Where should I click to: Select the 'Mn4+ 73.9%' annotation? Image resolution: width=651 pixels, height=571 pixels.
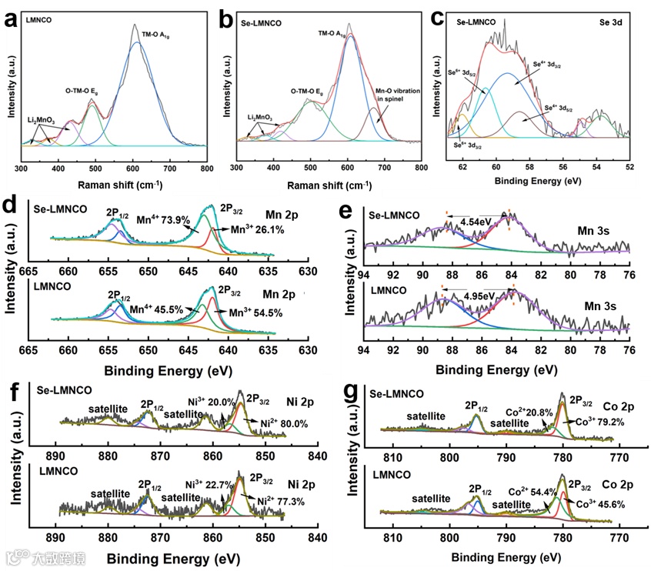(x=164, y=219)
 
